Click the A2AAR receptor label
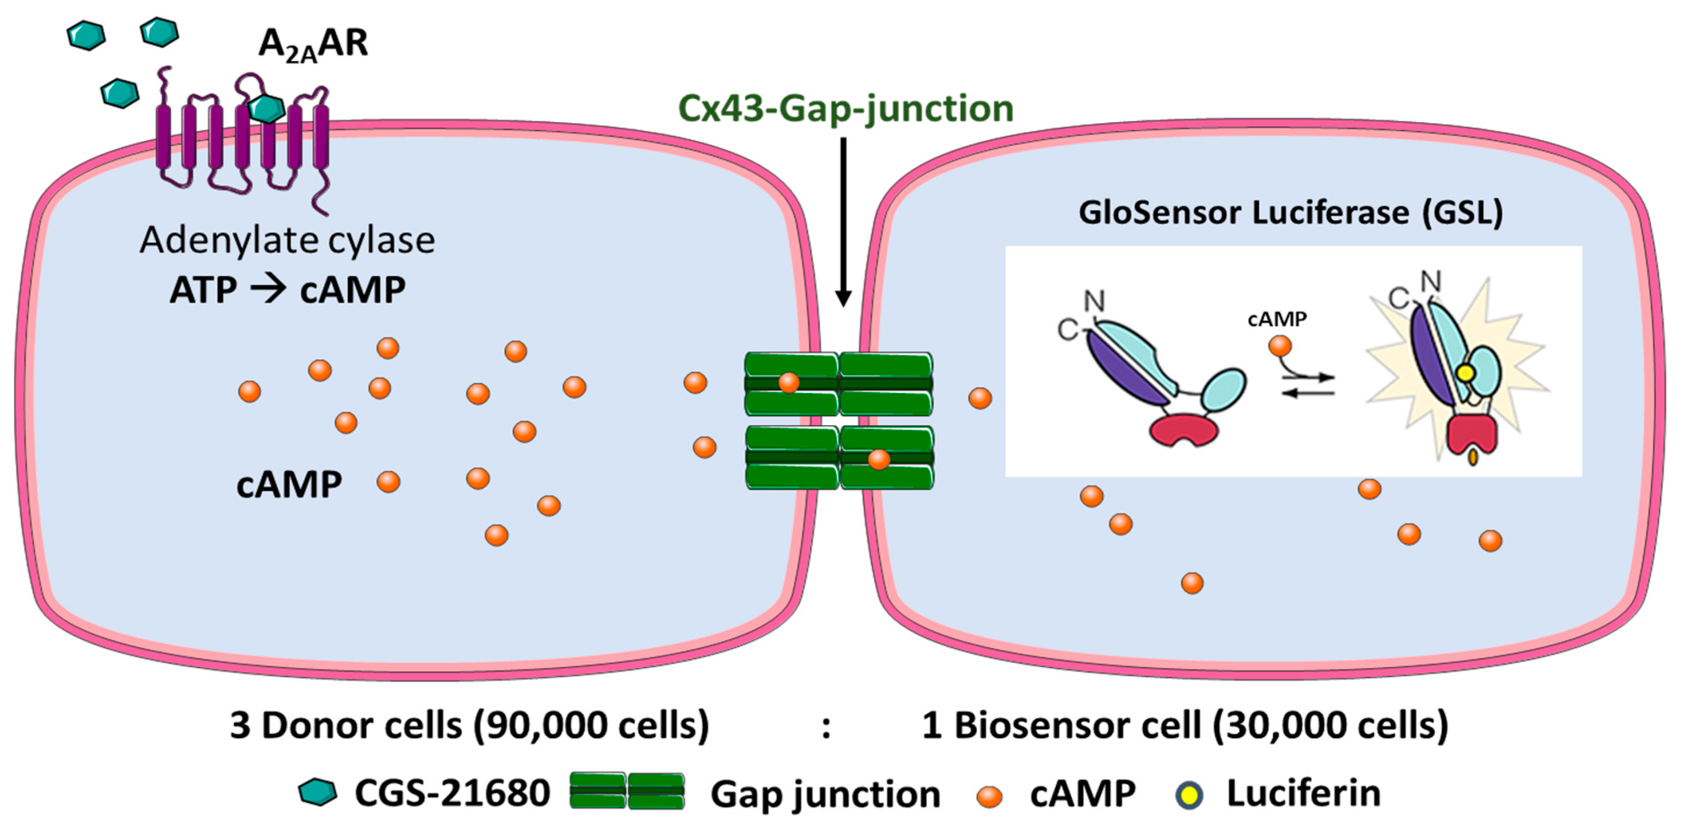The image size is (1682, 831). coord(314,44)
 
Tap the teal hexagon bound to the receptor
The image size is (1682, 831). coord(267,109)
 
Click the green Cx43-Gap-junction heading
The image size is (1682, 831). coord(846,109)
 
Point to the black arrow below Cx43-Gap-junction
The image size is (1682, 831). coord(843,222)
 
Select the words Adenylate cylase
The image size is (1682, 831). coord(287,241)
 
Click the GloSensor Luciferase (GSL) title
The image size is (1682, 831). coord(1291,213)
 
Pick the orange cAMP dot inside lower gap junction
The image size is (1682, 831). coord(879,459)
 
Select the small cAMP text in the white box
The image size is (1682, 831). coord(1277,320)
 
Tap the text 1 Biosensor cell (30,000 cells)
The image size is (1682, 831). coord(1185,725)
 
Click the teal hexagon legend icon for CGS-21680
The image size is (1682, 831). coord(318,792)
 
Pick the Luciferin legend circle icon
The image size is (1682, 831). coord(1189,795)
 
